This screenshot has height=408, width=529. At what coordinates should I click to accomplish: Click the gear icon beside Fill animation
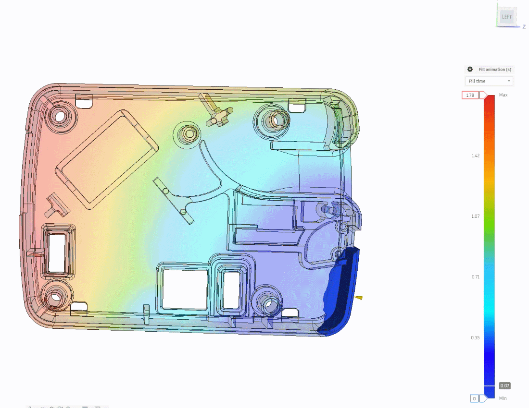(x=470, y=69)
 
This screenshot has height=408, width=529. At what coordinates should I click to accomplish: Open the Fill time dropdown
(x=489, y=81)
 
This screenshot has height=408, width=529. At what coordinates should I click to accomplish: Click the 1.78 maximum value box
(x=470, y=95)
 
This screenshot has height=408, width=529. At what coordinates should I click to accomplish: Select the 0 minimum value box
(x=474, y=398)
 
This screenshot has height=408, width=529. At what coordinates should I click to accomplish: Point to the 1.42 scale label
(x=475, y=156)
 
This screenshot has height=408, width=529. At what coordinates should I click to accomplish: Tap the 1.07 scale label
(x=475, y=216)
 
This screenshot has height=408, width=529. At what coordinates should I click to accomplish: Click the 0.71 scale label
(x=475, y=276)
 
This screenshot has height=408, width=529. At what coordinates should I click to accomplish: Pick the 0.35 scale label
(x=475, y=337)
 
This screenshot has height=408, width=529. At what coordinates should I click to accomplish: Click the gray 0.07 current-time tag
(x=504, y=386)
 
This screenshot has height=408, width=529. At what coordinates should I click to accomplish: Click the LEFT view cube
(x=507, y=17)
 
